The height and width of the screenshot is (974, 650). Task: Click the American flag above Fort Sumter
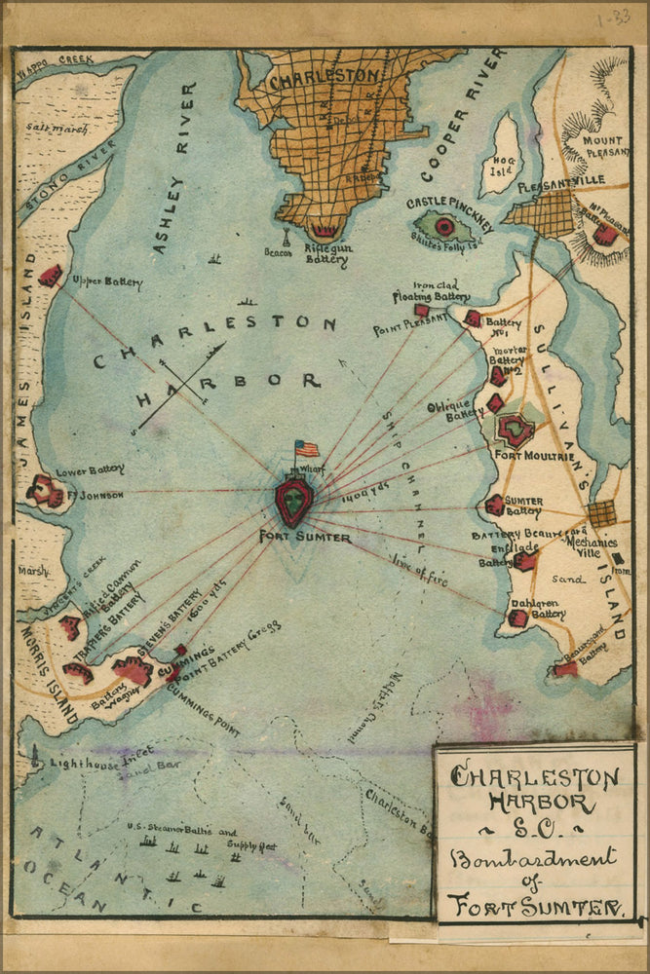tap(307, 448)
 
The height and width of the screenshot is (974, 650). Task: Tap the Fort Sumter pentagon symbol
tap(294, 501)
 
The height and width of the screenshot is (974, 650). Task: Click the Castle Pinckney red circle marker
tap(444, 227)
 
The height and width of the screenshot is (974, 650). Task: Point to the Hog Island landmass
tap(502, 153)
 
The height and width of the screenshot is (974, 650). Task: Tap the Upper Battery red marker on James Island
tap(50, 275)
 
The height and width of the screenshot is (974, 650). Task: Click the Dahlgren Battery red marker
tap(518, 618)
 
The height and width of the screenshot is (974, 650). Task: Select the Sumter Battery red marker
tap(495, 505)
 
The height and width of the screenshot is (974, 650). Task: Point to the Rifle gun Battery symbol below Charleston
tap(323, 231)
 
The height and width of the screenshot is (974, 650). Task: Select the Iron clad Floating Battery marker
tap(422, 310)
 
